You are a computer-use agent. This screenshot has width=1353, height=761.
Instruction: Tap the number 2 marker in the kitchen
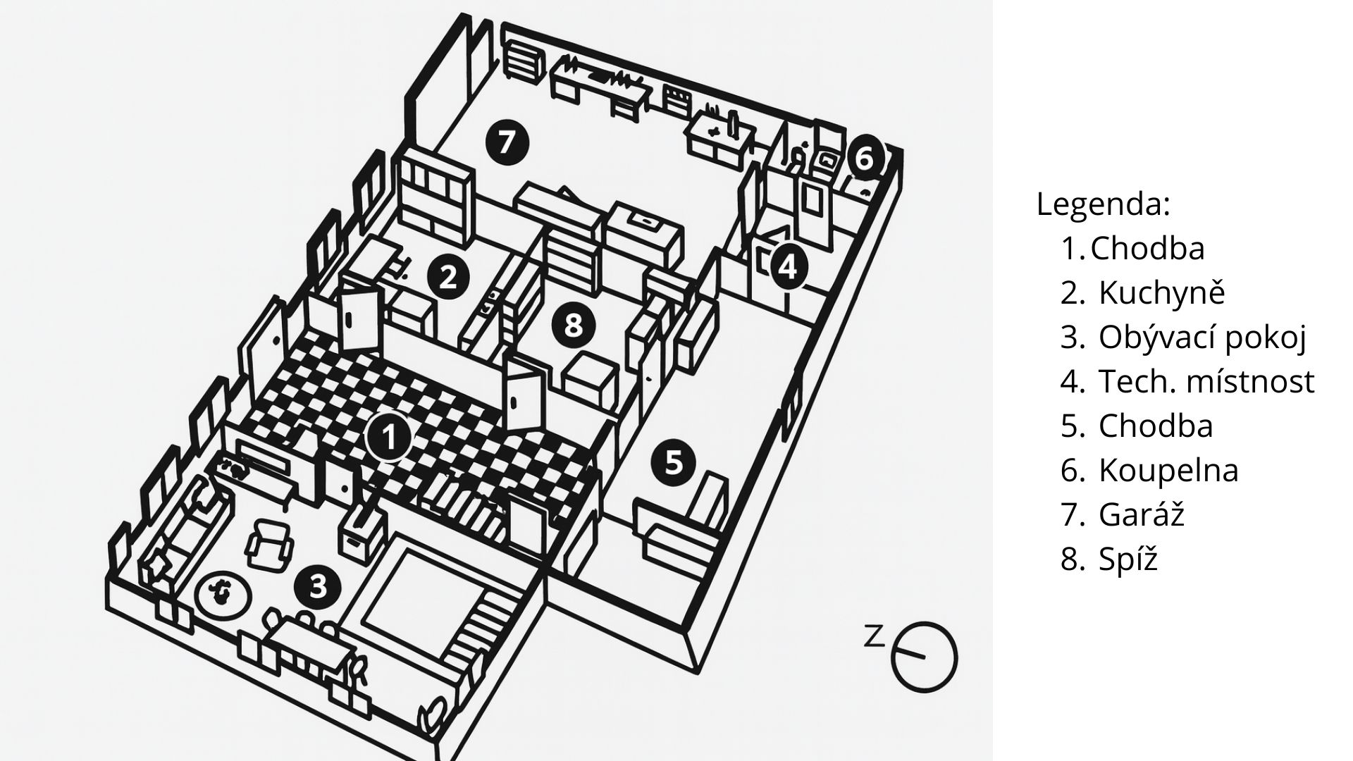tap(448, 277)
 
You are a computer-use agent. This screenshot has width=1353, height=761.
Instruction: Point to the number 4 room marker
tap(788, 267)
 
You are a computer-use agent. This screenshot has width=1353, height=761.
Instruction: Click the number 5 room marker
tap(674, 463)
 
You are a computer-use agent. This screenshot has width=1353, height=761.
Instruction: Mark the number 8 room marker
tap(574, 326)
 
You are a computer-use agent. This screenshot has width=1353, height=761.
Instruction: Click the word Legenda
tap(1103, 204)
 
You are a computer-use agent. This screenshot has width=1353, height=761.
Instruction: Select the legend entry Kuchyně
tap(1161, 292)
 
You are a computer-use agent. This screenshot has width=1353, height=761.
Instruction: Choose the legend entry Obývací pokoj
tap(1202, 337)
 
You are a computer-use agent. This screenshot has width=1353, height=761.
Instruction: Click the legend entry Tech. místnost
tap(1206, 381)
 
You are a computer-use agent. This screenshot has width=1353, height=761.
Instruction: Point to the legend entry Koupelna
tap(1168, 470)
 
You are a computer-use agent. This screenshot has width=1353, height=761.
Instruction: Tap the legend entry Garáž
tap(1141, 514)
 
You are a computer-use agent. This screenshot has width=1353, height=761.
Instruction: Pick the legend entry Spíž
tap(1127, 559)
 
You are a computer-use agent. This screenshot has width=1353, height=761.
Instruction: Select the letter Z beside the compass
tap(874, 636)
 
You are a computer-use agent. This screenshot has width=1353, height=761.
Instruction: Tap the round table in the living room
tap(222, 592)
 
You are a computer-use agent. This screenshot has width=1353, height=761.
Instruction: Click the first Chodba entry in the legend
tap(1147, 248)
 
